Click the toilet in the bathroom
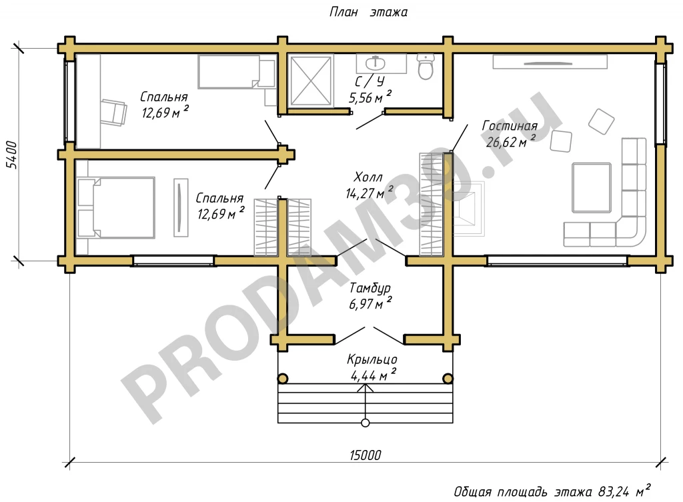425,67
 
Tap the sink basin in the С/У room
375,63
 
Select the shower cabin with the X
310,81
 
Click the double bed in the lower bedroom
116,207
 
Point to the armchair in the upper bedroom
114,112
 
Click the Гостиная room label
509,126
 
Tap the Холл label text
368,177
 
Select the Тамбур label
370,288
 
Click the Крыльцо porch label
372,359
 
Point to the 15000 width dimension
365,455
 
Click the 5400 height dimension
11,155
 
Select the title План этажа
368,12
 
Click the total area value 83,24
614,492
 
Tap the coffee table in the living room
592,187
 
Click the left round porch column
283,379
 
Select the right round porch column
448,379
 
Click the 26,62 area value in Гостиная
501,142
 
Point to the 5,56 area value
361,98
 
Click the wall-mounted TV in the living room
550,62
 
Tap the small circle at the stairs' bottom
366,423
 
